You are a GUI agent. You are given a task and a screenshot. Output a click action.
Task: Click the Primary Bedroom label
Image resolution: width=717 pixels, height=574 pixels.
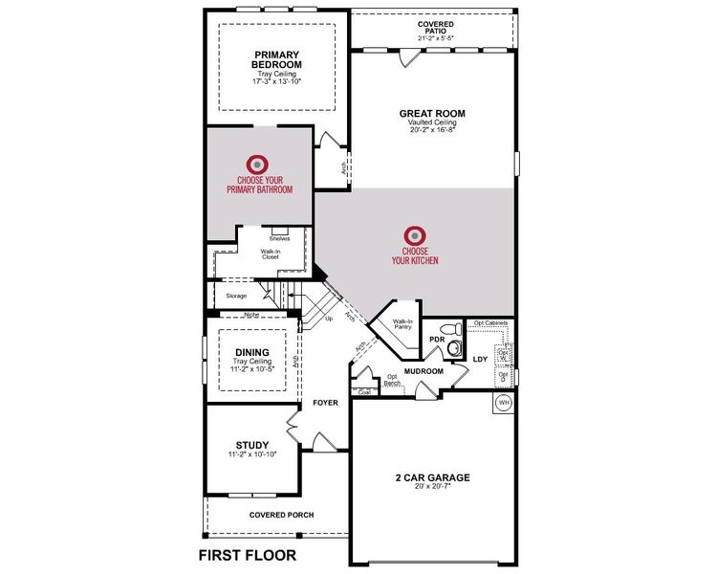[x=277, y=59]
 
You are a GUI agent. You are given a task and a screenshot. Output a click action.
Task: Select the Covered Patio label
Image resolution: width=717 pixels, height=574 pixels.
[x=435, y=27]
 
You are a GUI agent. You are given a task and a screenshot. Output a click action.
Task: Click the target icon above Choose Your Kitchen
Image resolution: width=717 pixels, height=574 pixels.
[x=414, y=235]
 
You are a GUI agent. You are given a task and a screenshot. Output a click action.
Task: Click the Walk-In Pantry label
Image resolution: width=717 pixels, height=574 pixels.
[x=402, y=324]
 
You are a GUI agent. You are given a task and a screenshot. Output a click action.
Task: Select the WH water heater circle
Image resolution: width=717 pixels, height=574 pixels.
[x=504, y=403]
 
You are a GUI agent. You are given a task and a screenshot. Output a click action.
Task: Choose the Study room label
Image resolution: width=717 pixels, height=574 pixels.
[x=252, y=444]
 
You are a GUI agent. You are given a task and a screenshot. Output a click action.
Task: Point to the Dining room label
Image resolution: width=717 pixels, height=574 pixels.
[x=252, y=352]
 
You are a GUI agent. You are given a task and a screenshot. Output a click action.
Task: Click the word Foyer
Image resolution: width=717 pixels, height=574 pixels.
[x=326, y=403]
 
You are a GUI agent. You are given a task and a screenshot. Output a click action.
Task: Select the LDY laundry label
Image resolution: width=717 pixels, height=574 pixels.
[x=480, y=359]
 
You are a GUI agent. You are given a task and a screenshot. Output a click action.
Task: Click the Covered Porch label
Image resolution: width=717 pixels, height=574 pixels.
[x=282, y=515]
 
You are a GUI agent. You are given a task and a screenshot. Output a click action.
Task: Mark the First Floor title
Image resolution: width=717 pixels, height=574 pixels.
[x=247, y=555]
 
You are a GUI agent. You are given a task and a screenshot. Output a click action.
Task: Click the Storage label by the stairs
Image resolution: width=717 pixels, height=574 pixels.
[x=236, y=296]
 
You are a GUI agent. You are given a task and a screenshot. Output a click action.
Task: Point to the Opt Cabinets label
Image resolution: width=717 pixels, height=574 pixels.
[x=489, y=323]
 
